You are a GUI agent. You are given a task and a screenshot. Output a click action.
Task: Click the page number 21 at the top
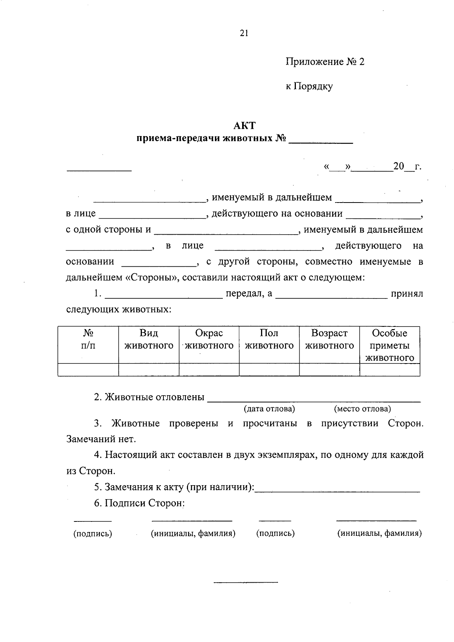244,33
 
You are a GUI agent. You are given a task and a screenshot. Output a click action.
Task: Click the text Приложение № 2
325,62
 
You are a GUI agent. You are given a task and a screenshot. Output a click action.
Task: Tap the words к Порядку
309,87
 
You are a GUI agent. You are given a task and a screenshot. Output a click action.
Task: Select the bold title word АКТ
244,125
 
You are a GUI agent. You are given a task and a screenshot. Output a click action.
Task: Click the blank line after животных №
320,142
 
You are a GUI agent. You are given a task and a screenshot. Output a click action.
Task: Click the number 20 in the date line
399,166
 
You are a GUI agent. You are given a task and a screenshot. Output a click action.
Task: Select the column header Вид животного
149,339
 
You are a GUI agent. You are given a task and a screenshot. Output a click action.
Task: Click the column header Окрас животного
209,339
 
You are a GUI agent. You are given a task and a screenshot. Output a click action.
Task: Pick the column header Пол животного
269,339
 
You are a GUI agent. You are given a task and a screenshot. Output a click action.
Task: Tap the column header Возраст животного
329,339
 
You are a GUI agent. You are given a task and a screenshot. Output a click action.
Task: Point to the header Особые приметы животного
390,345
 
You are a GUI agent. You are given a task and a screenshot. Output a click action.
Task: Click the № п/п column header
88,339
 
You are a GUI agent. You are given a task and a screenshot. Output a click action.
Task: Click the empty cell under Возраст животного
329,370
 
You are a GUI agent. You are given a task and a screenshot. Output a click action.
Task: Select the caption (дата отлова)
269,409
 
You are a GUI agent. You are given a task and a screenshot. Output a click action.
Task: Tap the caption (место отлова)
362,409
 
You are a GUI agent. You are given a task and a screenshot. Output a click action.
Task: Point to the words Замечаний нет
101,439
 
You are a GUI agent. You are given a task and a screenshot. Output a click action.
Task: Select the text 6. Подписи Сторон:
139,503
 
